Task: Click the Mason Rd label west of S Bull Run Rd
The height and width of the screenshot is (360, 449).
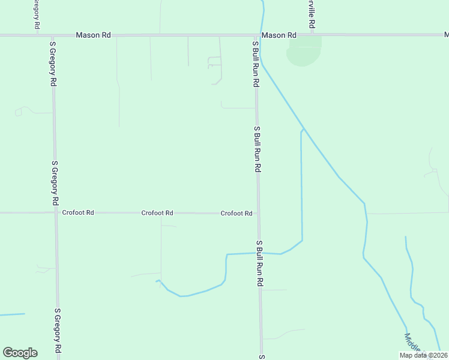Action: pos(93,35)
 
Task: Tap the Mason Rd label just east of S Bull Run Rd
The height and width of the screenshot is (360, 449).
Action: pos(279,35)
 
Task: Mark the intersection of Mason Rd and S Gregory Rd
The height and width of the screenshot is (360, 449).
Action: pos(52,35)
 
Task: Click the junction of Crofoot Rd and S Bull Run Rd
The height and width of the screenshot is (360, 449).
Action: pos(258,213)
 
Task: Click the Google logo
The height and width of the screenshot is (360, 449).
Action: pos(20,353)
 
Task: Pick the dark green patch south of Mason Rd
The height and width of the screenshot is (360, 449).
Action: pos(304,51)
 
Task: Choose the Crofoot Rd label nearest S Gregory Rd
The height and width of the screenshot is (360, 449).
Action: pos(78,212)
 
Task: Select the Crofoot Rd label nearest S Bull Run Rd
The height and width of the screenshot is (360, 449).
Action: pos(236,213)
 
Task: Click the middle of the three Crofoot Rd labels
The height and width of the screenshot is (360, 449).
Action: pos(157,212)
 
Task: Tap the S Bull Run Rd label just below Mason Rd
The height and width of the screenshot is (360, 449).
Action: pos(256,62)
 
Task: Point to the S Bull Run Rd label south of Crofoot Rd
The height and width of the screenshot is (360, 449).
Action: pos(260,263)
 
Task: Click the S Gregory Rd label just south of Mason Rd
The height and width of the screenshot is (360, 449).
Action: pos(53,64)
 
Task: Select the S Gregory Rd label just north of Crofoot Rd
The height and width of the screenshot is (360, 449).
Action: pos(55,182)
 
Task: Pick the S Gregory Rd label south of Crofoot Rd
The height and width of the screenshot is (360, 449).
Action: pos(58,330)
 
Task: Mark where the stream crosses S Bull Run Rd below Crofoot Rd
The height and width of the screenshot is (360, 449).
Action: pos(259,253)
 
